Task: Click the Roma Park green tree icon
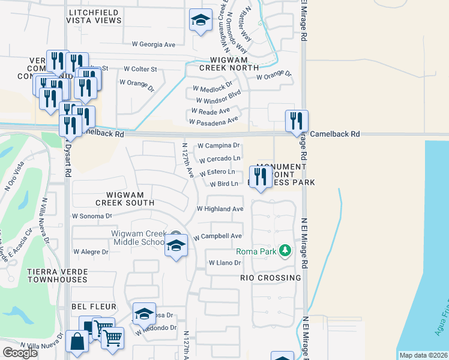coord(286,251)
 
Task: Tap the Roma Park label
coord(256,251)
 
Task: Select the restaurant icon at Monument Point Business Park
coord(260,177)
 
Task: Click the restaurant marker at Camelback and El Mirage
coord(296,121)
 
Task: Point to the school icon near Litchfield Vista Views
coord(200,20)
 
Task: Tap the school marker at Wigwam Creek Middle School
coord(176,245)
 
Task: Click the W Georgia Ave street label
coord(154,44)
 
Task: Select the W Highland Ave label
coord(220,209)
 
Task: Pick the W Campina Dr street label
coord(218,145)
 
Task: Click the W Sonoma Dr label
coord(92,215)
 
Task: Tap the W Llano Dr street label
coord(224,263)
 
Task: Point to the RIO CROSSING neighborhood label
coord(270,278)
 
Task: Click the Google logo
coord(20,353)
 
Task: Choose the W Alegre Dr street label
coord(91,252)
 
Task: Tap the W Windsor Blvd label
coord(217,100)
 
